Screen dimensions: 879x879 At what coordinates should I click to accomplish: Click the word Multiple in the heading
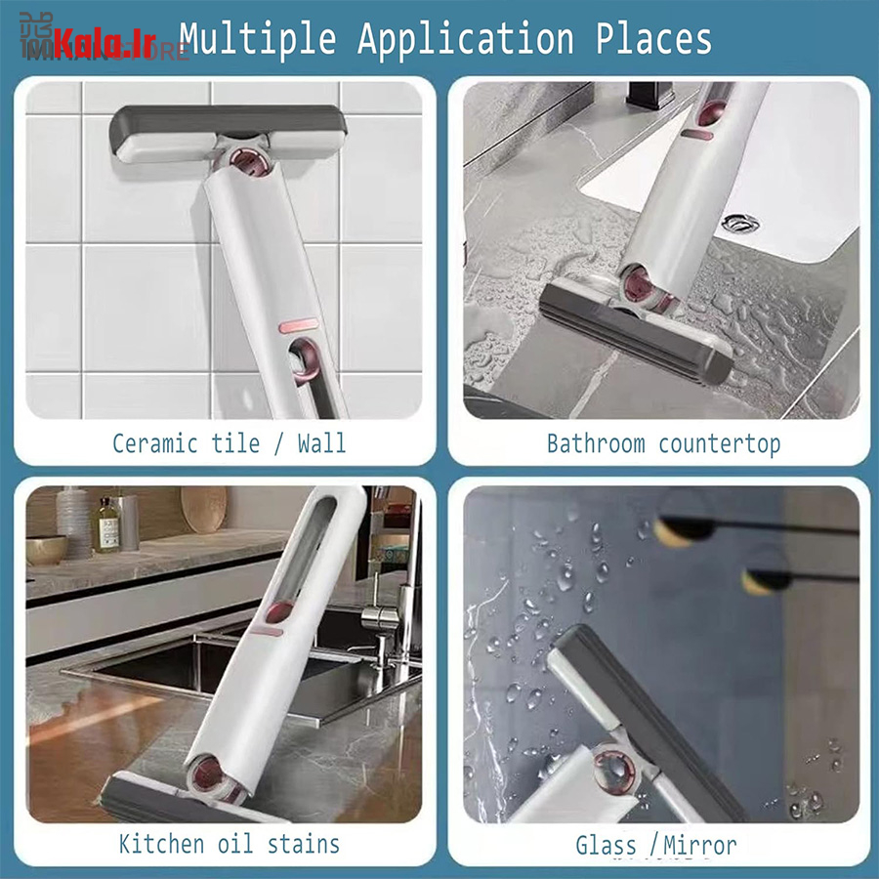tap(258, 39)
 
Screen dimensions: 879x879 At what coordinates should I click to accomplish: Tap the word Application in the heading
tap(466, 39)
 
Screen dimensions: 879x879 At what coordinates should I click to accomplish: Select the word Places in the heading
tap(654, 39)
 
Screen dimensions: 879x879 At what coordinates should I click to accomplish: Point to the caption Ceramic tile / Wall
tap(229, 442)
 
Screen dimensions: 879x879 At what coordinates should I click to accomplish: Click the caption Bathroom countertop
tap(663, 443)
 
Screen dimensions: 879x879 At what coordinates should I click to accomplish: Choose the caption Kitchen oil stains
tap(230, 842)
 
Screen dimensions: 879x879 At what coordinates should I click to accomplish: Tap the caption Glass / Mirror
tap(656, 844)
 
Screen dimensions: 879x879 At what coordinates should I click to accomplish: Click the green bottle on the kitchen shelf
tap(106, 526)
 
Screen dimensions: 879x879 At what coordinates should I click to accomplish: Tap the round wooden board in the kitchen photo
tap(204, 509)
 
